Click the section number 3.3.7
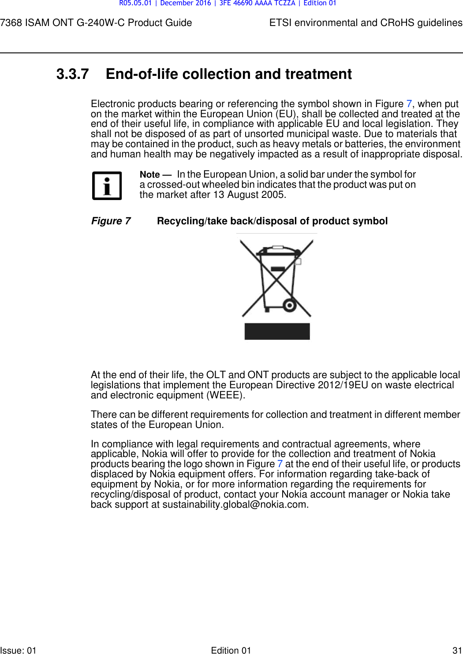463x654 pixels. point(72,74)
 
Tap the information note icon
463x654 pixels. point(107,186)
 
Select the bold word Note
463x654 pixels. point(150,175)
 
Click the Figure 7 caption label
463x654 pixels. point(111,221)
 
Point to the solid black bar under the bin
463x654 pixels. point(277,331)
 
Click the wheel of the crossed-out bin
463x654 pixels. point(289,305)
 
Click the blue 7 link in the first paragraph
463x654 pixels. point(409,104)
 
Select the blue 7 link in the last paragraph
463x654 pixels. point(280,464)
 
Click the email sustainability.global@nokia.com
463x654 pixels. point(235,505)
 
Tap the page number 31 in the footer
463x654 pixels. point(457,650)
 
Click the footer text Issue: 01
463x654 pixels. point(19,650)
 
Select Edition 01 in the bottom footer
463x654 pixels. point(231,650)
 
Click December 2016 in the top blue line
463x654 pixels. point(185,4)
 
